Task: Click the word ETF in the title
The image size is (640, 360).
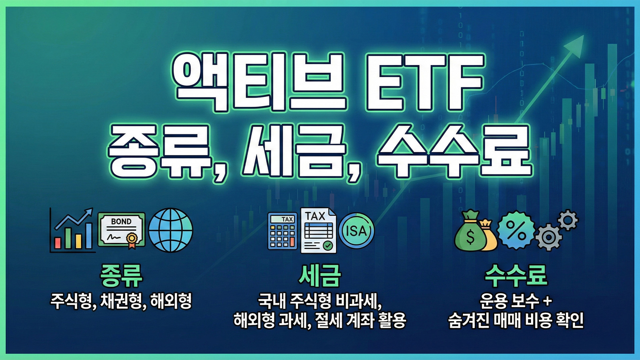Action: tap(424, 82)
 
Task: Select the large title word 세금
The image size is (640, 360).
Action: tap(293, 152)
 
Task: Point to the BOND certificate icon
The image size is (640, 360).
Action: tap(121, 230)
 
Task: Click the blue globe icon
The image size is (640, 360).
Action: tap(171, 230)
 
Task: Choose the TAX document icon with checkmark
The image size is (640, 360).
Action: tap(318, 231)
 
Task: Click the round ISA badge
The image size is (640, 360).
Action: tap(356, 231)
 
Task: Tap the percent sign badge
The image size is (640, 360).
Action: tap(516, 230)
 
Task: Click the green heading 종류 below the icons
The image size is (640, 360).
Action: tap(121, 276)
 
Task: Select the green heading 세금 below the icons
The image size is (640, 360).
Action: tap(320, 276)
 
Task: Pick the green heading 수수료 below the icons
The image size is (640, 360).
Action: tap(516, 276)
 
